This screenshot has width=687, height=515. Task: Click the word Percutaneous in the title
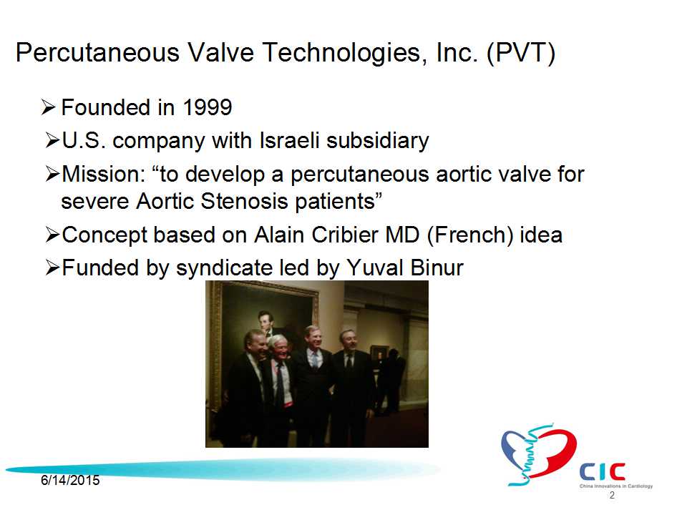98,52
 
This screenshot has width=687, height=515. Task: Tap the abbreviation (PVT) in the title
521,54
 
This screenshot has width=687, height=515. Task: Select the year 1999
208,107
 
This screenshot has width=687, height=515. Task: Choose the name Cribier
344,235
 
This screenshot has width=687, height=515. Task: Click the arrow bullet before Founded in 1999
48,107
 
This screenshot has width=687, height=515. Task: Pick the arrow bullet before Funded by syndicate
52,268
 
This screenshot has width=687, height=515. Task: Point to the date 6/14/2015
70,481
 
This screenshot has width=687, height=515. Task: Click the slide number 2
612,495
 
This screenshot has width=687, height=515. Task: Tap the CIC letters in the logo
602,471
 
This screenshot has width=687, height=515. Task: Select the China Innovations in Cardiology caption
616,486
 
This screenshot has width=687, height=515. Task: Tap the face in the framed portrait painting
265,319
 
